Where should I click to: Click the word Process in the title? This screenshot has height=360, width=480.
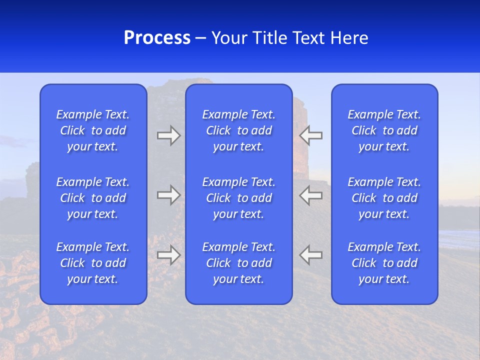(157, 38)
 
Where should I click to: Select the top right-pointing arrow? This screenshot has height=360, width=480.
(168, 135)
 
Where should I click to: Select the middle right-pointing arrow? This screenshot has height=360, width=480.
(168, 195)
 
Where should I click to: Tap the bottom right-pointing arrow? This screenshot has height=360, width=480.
(168, 255)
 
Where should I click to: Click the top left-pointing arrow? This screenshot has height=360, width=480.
(311, 135)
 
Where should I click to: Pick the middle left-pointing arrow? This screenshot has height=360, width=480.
(311, 195)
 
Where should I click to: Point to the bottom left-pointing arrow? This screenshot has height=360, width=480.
(311, 255)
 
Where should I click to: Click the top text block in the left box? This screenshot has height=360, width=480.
(93, 130)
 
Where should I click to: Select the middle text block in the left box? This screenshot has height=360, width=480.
(93, 198)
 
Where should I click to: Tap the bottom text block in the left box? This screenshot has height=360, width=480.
(93, 263)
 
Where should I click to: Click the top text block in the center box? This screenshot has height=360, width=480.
(238, 130)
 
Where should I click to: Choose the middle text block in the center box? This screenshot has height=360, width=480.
(238, 198)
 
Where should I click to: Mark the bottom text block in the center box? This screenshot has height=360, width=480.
(238, 263)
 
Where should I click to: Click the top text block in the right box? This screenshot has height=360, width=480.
(384, 130)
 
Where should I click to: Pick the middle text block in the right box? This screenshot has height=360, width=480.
(384, 198)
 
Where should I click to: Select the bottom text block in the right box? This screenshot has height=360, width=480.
(384, 263)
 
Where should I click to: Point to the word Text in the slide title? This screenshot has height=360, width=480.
(308, 38)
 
